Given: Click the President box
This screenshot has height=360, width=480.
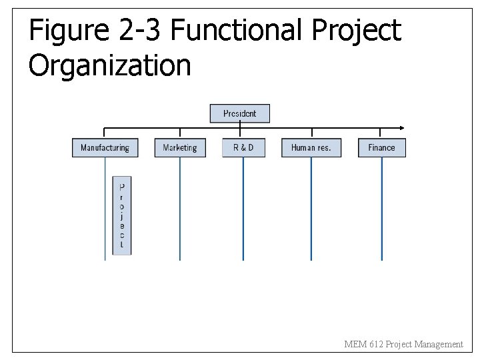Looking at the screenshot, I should (240, 113).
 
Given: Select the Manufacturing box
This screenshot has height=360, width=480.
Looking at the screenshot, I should (105, 147).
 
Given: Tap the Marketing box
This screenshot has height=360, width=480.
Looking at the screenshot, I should (180, 147).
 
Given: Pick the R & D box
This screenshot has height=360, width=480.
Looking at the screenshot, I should (243, 147).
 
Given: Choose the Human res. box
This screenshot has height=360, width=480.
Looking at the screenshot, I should (311, 147).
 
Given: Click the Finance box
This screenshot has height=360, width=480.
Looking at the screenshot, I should (382, 147).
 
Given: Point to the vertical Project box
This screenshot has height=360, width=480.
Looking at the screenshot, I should (121, 215).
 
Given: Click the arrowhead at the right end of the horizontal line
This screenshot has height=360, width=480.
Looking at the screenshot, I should (401, 127).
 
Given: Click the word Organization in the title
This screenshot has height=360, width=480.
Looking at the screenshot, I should (110, 65).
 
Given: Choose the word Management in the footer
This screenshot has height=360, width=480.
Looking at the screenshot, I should (438, 344).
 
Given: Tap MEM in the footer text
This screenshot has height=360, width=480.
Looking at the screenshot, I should (353, 344).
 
